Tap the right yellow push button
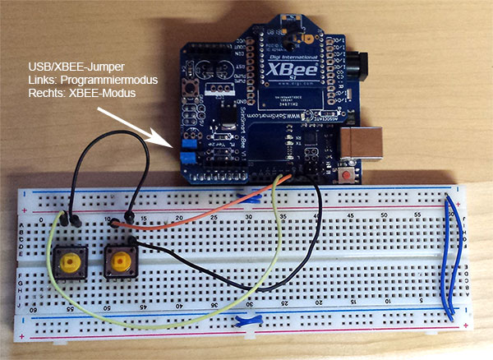click(121, 262)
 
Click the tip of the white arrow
click(171, 145)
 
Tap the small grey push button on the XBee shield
click(196, 85)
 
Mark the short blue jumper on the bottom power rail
click(246, 321)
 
